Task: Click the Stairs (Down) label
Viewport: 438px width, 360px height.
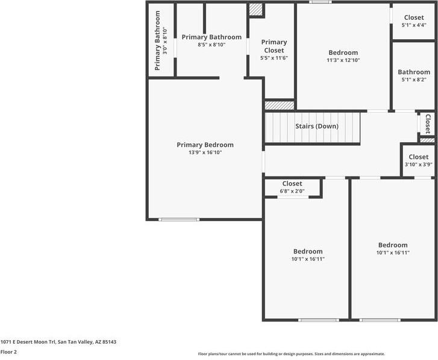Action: pyautogui.click(x=317, y=126)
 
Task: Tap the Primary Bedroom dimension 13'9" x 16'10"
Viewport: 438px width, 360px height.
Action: pyautogui.click(x=205, y=152)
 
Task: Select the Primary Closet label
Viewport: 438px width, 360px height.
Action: pyautogui.click(x=274, y=46)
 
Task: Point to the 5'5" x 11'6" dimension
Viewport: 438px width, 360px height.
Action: pyautogui.click(x=274, y=58)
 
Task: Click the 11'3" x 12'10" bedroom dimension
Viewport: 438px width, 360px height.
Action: pyautogui.click(x=343, y=60)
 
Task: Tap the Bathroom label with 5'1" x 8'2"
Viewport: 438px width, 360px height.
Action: pyautogui.click(x=414, y=72)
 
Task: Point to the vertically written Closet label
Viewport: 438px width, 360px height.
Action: pyautogui.click(x=428, y=123)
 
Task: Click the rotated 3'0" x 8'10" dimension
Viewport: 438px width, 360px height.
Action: pyautogui.click(x=165, y=41)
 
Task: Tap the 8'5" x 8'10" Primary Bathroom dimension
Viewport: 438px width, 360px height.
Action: pyautogui.click(x=211, y=45)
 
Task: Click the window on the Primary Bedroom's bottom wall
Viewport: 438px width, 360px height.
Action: pyautogui.click(x=179, y=220)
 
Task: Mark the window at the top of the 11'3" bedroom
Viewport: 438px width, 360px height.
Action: pyautogui.click(x=321, y=2)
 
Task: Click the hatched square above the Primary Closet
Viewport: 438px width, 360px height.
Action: pyautogui.click(x=256, y=10)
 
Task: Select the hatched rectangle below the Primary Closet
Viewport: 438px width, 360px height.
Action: pyautogui.click(x=280, y=105)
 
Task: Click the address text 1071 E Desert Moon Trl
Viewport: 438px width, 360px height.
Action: pyautogui.click(x=28, y=342)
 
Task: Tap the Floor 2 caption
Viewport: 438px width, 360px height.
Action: pyautogui.click(x=8, y=352)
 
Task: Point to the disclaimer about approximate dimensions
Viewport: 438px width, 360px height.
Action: pyautogui.click(x=292, y=354)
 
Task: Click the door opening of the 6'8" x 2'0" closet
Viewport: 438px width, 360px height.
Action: pyautogui.click(x=293, y=197)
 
